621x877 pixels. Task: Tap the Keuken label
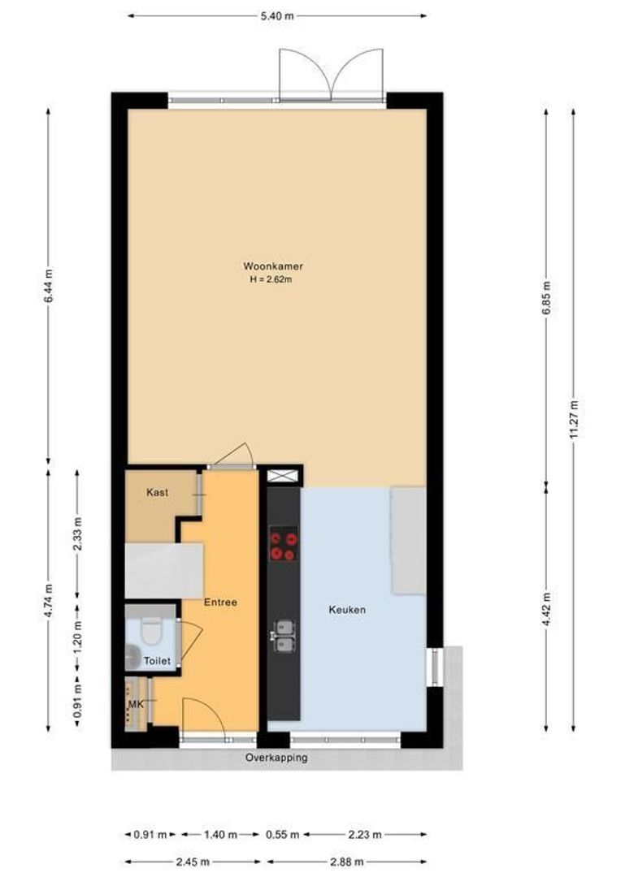coord(347,609)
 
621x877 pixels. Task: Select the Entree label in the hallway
coord(220,603)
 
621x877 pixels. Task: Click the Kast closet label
coord(157,492)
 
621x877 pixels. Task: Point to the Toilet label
coord(158,661)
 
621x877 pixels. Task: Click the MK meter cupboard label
coord(135,704)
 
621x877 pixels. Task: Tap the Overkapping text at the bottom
coord(276,758)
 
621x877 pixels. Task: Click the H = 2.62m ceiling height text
coord(271,280)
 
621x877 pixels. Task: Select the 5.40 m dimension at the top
coord(276,16)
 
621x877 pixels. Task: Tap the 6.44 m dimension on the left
coord(49,286)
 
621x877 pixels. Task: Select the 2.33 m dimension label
coord(77,534)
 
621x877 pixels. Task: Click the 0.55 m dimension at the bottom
coord(283,834)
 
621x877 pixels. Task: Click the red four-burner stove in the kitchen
coord(284,544)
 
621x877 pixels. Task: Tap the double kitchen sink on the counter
coord(284,636)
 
